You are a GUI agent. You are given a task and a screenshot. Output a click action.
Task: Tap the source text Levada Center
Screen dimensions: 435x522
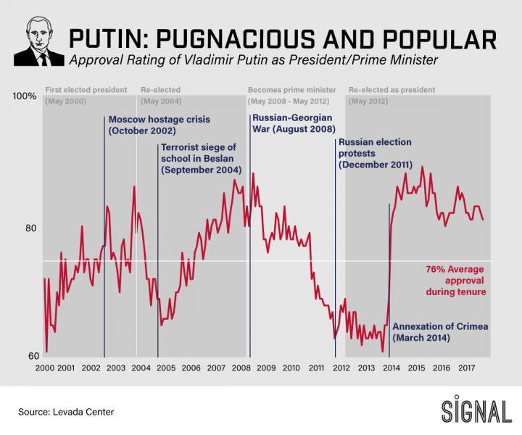pos(66,412)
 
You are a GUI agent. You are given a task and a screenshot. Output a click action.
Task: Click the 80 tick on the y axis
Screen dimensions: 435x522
pos(30,228)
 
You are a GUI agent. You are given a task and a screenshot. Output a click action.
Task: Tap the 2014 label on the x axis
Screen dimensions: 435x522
pos(391,368)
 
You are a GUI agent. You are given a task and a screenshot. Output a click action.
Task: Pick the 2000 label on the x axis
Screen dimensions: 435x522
pos(45,368)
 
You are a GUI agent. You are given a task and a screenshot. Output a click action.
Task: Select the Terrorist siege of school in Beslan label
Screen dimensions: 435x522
pos(201,158)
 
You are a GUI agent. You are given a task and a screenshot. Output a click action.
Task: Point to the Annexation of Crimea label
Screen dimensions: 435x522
pos(440,332)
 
